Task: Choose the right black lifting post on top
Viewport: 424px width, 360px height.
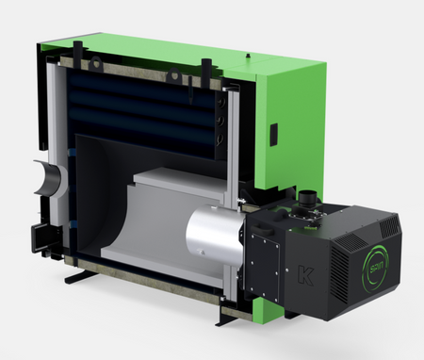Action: [x=204, y=68]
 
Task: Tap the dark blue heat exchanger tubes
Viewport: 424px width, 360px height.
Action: [x=141, y=104]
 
